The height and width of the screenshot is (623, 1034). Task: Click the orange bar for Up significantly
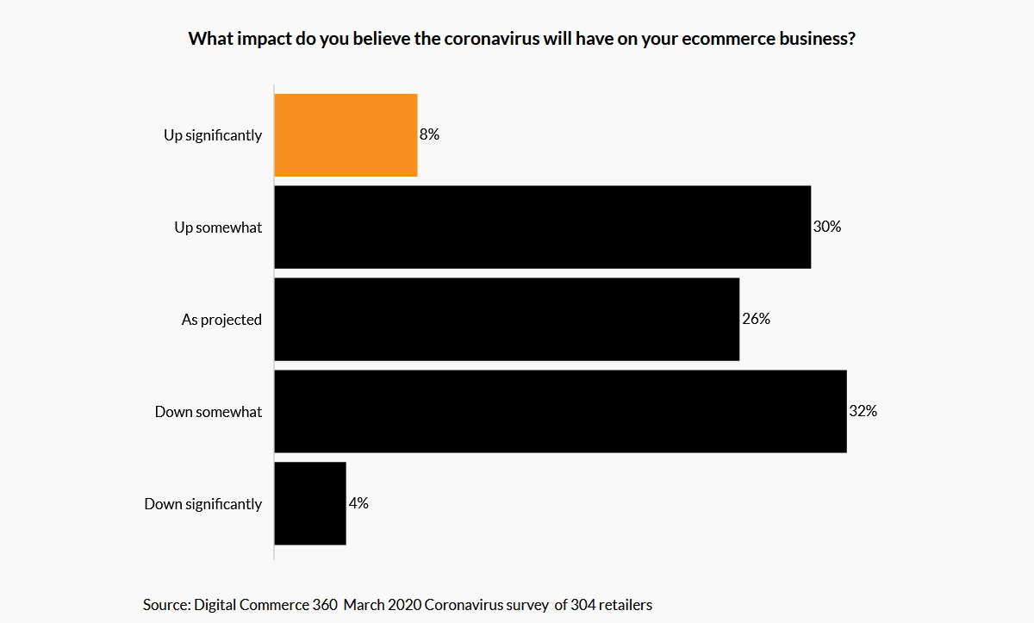click(346, 135)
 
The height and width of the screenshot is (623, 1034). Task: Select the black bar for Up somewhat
click(542, 227)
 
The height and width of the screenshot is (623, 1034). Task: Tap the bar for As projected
click(507, 320)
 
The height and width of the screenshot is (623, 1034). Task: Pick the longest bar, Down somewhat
click(560, 412)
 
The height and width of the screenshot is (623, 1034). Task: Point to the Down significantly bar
click(310, 504)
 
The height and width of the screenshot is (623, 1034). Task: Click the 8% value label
click(430, 134)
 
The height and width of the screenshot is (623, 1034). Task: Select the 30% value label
click(826, 227)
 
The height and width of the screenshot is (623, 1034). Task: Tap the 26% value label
click(756, 320)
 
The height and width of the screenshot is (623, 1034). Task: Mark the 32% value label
click(863, 412)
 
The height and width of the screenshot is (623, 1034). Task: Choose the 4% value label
click(358, 504)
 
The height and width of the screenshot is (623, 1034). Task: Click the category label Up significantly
click(213, 135)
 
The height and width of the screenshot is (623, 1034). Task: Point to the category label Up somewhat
click(218, 227)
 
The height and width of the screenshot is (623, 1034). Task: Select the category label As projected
click(221, 320)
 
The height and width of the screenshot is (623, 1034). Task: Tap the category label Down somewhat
click(209, 412)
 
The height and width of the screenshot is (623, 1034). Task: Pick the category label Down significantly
click(203, 504)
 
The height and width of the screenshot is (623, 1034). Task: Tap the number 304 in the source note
click(583, 605)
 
